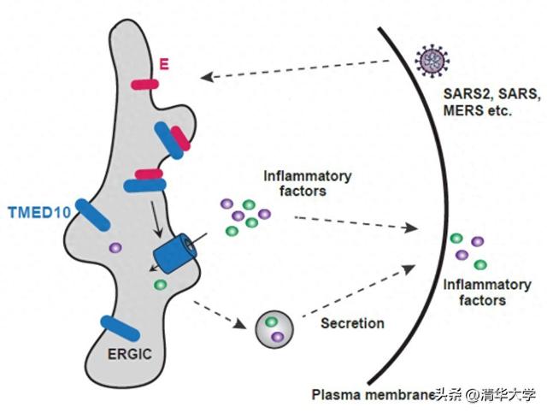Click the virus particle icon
(x=432, y=61)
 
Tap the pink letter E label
(x=164, y=64)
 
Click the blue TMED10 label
(x=40, y=212)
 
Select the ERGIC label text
(x=130, y=354)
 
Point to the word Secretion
(x=352, y=323)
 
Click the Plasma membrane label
(x=373, y=395)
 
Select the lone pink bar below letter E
(x=144, y=85)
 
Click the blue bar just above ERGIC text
(x=120, y=328)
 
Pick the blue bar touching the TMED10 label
(x=93, y=215)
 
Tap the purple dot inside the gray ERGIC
(x=115, y=247)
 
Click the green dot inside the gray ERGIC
(x=160, y=285)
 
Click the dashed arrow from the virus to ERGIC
(x=295, y=68)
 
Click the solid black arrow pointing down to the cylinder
(x=156, y=219)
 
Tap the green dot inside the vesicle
(x=271, y=322)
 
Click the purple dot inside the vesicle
(x=278, y=337)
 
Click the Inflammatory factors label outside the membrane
(x=487, y=292)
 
